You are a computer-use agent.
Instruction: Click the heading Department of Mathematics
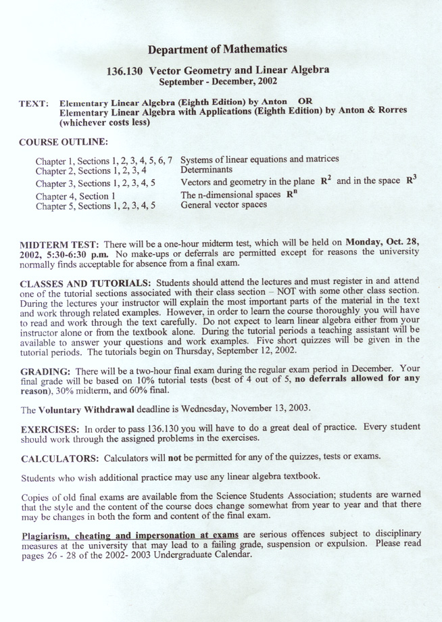click(x=217, y=49)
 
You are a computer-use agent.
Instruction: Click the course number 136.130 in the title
click(x=125, y=70)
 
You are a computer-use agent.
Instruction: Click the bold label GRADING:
click(x=46, y=372)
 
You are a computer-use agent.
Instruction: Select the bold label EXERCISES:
click(x=51, y=429)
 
